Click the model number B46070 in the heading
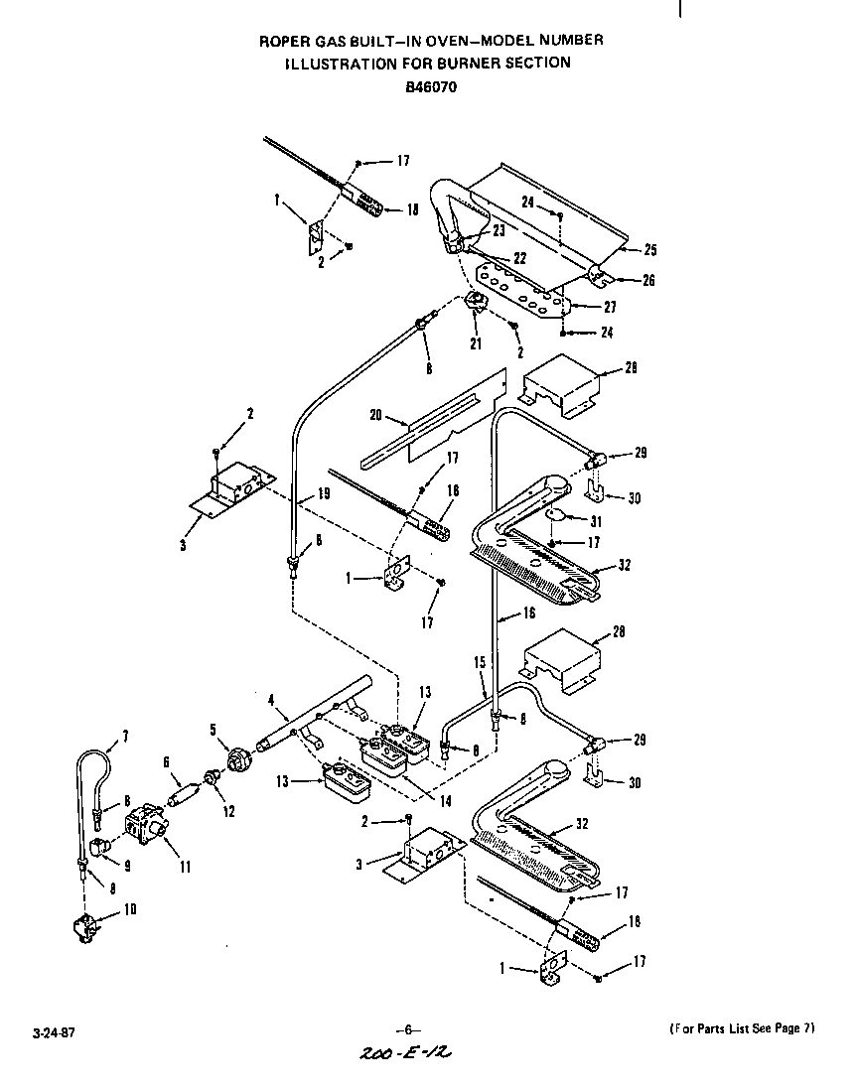[430, 85]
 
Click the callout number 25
[649, 250]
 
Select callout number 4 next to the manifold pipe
[270, 700]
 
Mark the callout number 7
[124, 737]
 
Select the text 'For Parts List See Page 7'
[741, 1028]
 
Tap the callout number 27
[609, 308]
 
